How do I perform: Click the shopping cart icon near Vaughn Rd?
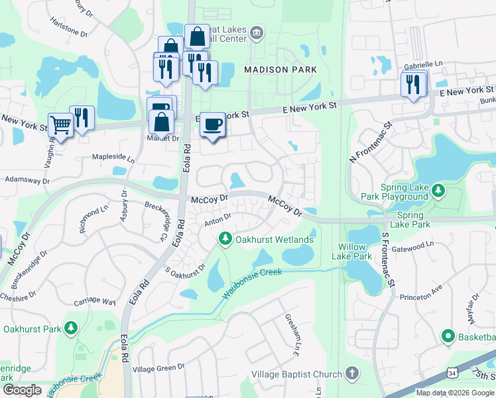pyautogui.click(x=60, y=124)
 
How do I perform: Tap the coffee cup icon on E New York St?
pyautogui.click(x=212, y=125)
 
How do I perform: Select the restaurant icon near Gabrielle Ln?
pyautogui.click(x=414, y=84)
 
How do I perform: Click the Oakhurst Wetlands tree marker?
pyautogui.click(x=225, y=238)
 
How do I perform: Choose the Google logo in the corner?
pyautogui.click(x=22, y=390)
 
